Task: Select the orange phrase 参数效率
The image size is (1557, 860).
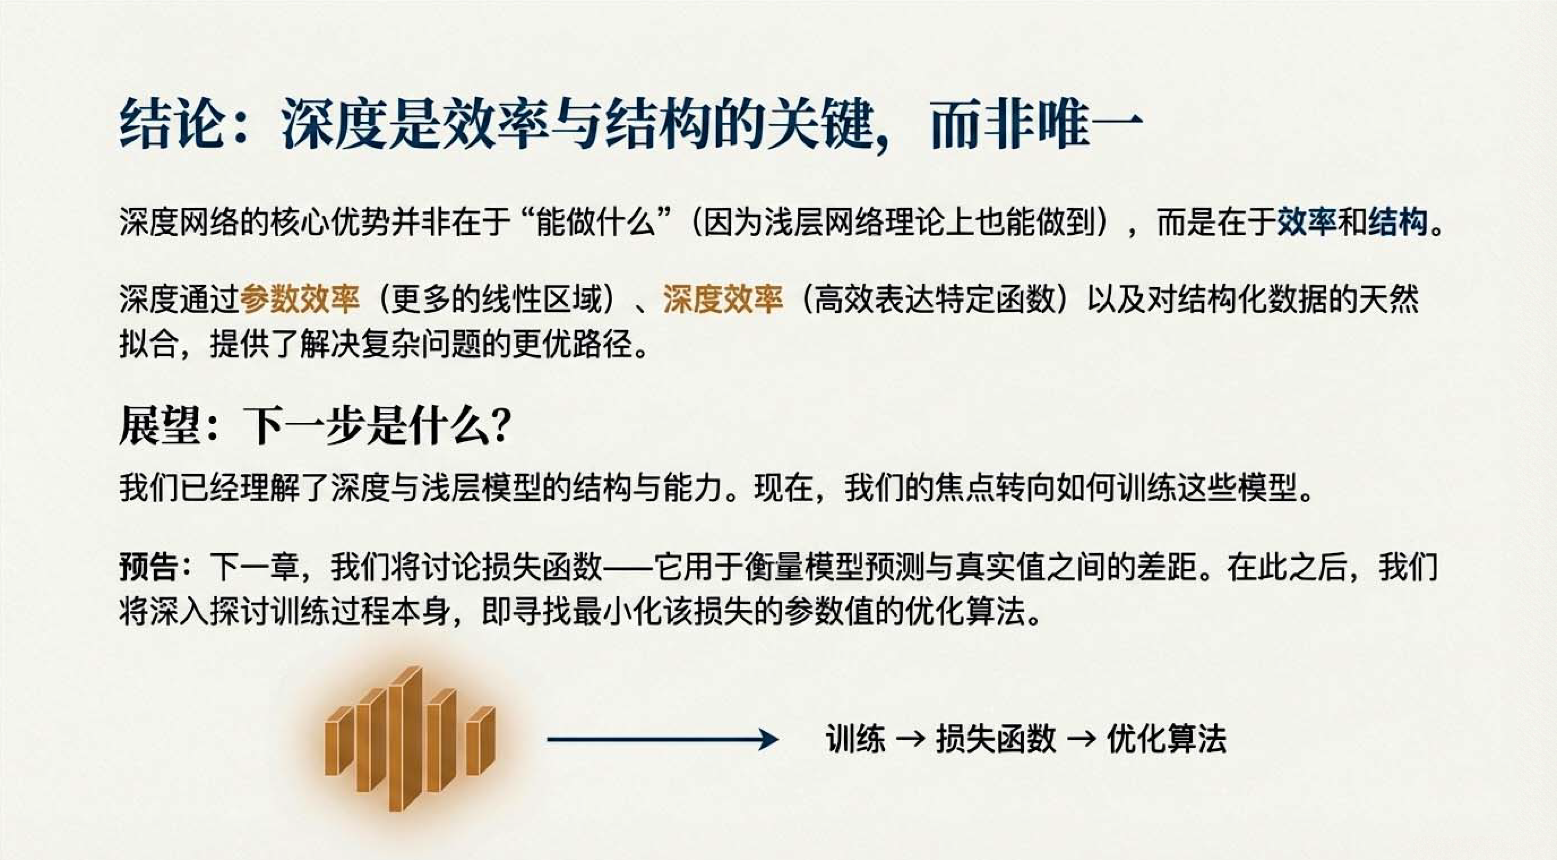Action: [300, 299]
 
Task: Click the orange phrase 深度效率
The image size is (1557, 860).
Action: [723, 299]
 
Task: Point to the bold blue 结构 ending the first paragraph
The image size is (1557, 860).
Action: [1397, 222]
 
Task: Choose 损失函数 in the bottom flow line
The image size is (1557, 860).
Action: [995, 739]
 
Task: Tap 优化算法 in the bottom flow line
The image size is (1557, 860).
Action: [1167, 739]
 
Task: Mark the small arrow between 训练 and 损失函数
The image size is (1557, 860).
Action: [910, 739]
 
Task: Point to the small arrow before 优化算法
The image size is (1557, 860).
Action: [1081, 739]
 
